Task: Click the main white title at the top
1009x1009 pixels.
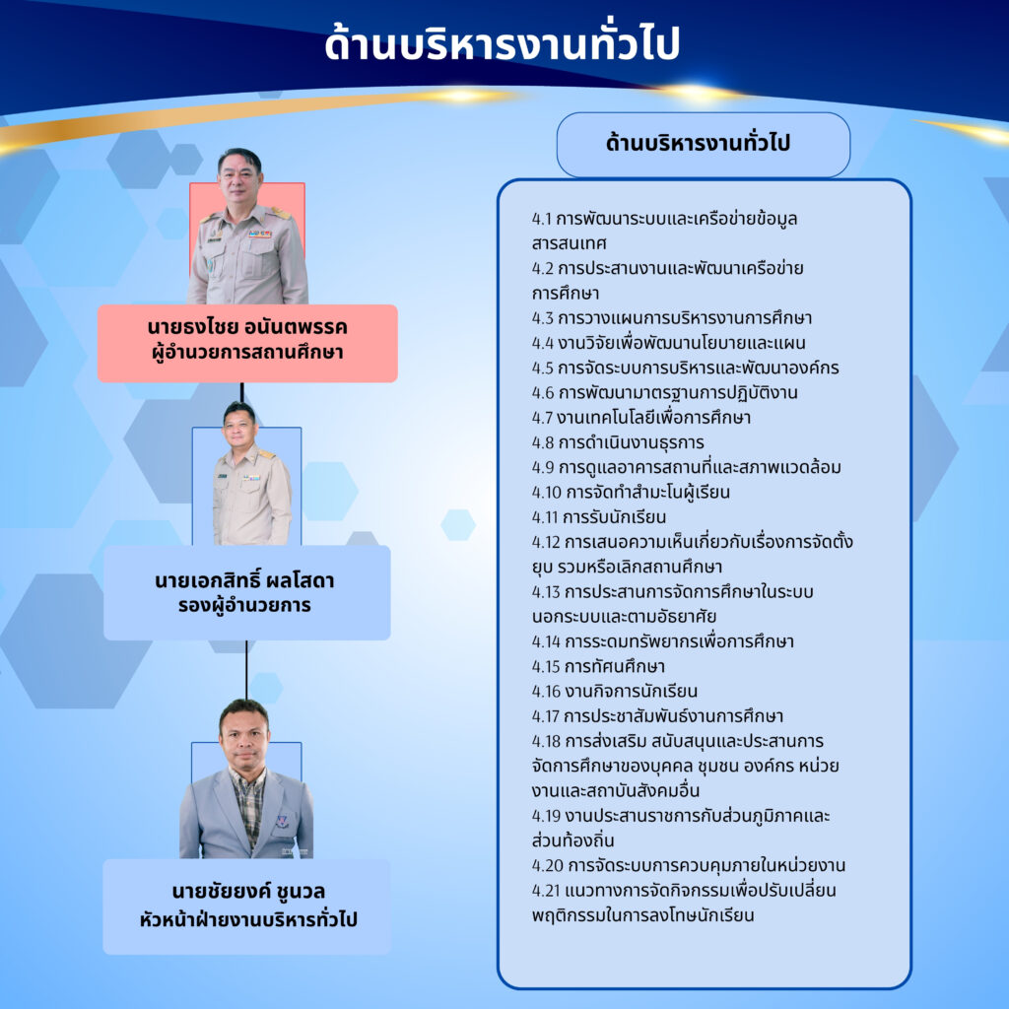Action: coord(502,43)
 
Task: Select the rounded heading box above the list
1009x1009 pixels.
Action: coord(703,144)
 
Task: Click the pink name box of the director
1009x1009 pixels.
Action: coord(247,343)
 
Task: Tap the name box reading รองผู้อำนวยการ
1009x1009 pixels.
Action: coord(247,592)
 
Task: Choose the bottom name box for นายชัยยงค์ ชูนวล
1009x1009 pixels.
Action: coord(247,907)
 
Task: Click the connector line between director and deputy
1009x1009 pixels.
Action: coord(242,393)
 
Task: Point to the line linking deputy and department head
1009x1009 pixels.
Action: coord(245,670)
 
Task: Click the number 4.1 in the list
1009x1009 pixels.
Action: coord(542,219)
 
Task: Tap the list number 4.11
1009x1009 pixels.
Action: coord(546,517)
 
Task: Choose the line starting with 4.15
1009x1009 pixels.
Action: coord(598,666)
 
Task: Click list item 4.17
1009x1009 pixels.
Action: coord(657,716)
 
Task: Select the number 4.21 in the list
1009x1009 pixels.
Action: coord(546,891)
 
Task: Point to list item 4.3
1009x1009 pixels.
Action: coord(672,318)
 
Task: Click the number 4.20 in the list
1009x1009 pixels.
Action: coord(548,865)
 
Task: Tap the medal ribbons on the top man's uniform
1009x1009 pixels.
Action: coord(260,235)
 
